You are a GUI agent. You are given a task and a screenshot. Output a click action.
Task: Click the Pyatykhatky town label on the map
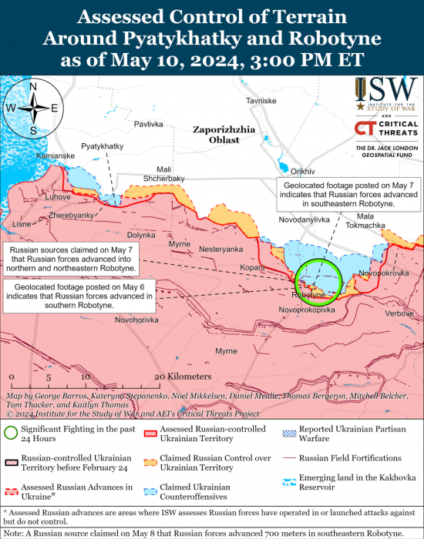102,146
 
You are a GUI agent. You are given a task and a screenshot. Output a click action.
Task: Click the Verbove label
399,313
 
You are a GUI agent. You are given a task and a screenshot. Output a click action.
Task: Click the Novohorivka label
136,319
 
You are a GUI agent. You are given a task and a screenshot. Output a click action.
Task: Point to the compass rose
33,109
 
